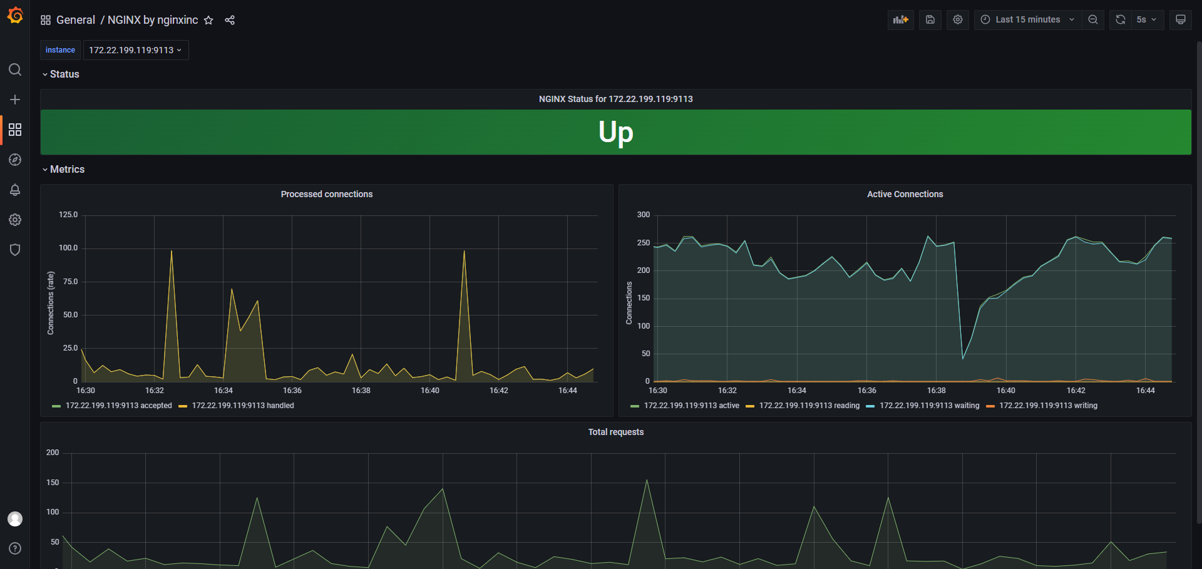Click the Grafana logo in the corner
pyautogui.click(x=15, y=15)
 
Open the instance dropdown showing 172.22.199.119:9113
pyautogui.click(x=135, y=50)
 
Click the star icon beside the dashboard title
pyautogui.click(x=208, y=20)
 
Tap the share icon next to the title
pyautogui.click(x=230, y=20)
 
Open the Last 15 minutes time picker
pyautogui.click(x=1027, y=19)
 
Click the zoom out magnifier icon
pyautogui.click(x=1093, y=19)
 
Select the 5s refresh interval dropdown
pyautogui.click(x=1146, y=19)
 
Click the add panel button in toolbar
pyautogui.click(x=901, y=19)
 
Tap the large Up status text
pyautogui.click(x=615, y=132)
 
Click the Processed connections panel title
pyautogui.click(x=326, y=194)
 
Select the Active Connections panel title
pyautogui.click(x=905, y=194)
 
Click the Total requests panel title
pyautogui.click(x=615, y=432)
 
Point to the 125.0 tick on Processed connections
pyautogui.click(x=68, y=215)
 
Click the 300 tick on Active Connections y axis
pyautogui.click(x=644, y=215)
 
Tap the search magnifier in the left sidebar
pyautogui.click(x=15, y=69)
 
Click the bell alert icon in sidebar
pyautogui.click(x=15, y=190)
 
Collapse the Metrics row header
pyautogui.click(x=66, y=169)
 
